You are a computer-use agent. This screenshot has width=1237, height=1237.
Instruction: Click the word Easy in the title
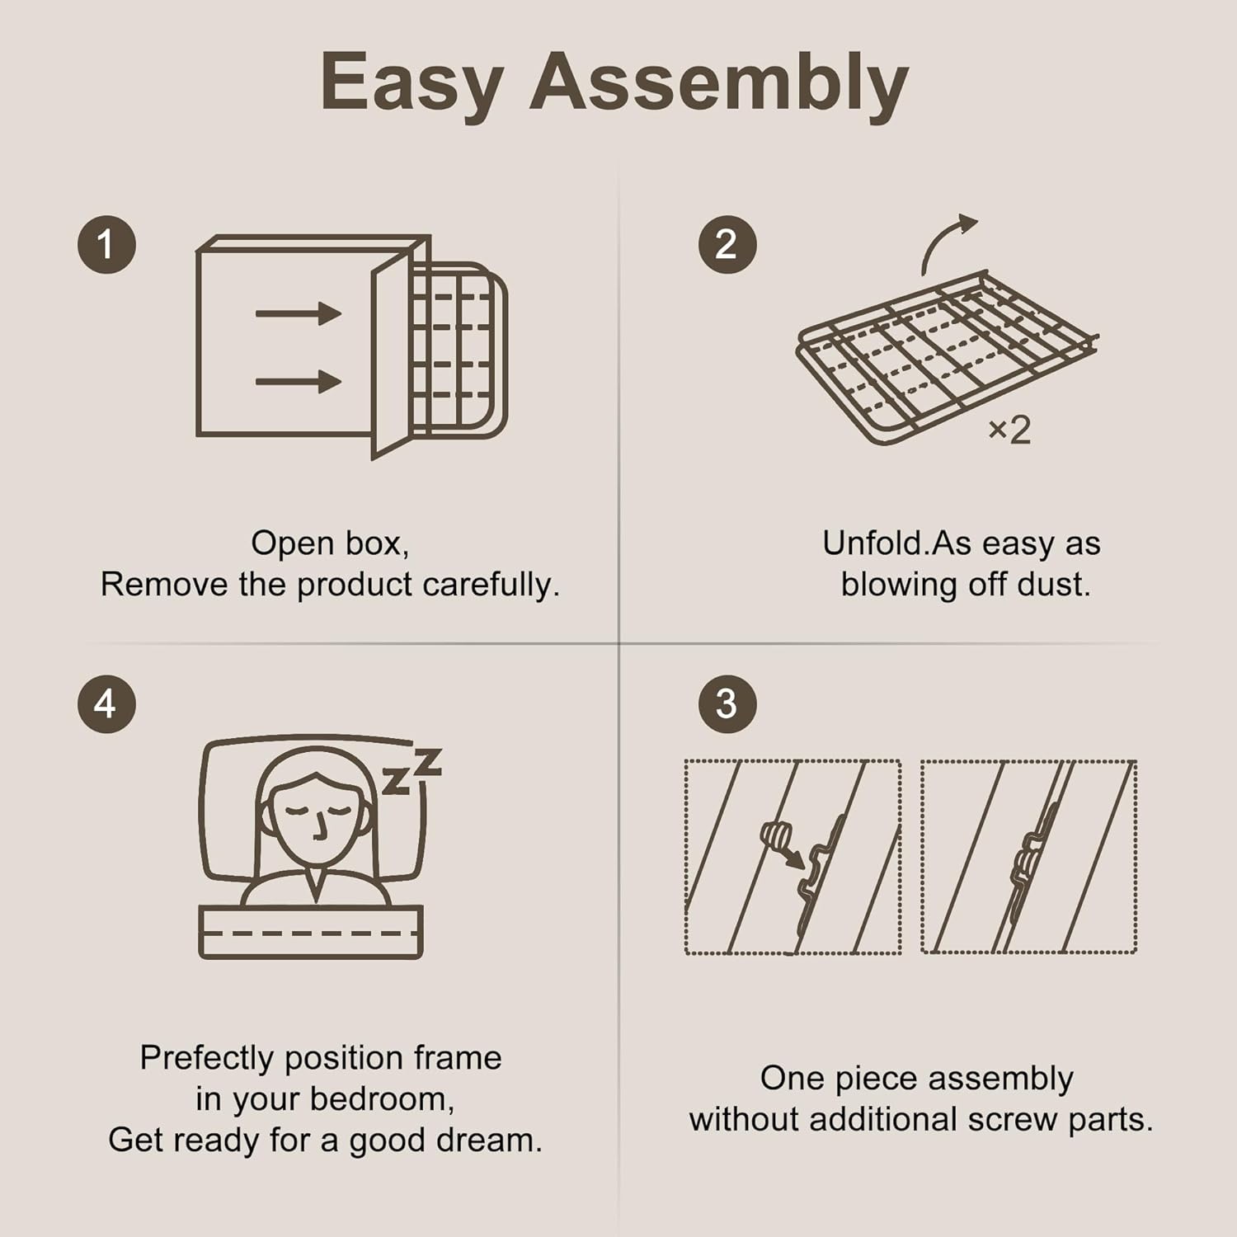click(412, 82)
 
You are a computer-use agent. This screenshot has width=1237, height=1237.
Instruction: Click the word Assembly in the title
click(718, 82)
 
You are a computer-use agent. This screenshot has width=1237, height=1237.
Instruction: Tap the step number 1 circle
click(106, 245)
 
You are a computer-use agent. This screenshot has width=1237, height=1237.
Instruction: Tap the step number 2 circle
click(727, 245)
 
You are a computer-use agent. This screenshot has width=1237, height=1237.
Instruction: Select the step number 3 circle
click(727, 703)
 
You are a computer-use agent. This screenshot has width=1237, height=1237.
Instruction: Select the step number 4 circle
click(106, 703)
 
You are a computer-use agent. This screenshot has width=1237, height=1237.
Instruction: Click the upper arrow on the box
click(298, 313)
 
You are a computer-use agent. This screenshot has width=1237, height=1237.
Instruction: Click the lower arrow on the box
click(298, 381)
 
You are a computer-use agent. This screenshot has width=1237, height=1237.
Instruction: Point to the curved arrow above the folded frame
click(946, 242)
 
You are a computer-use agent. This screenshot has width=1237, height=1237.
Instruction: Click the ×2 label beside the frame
click(1009, 430)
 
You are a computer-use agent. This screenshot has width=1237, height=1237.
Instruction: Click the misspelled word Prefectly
click(207, 1058)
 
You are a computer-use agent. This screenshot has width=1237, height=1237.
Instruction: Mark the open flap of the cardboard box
click(391, 355)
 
